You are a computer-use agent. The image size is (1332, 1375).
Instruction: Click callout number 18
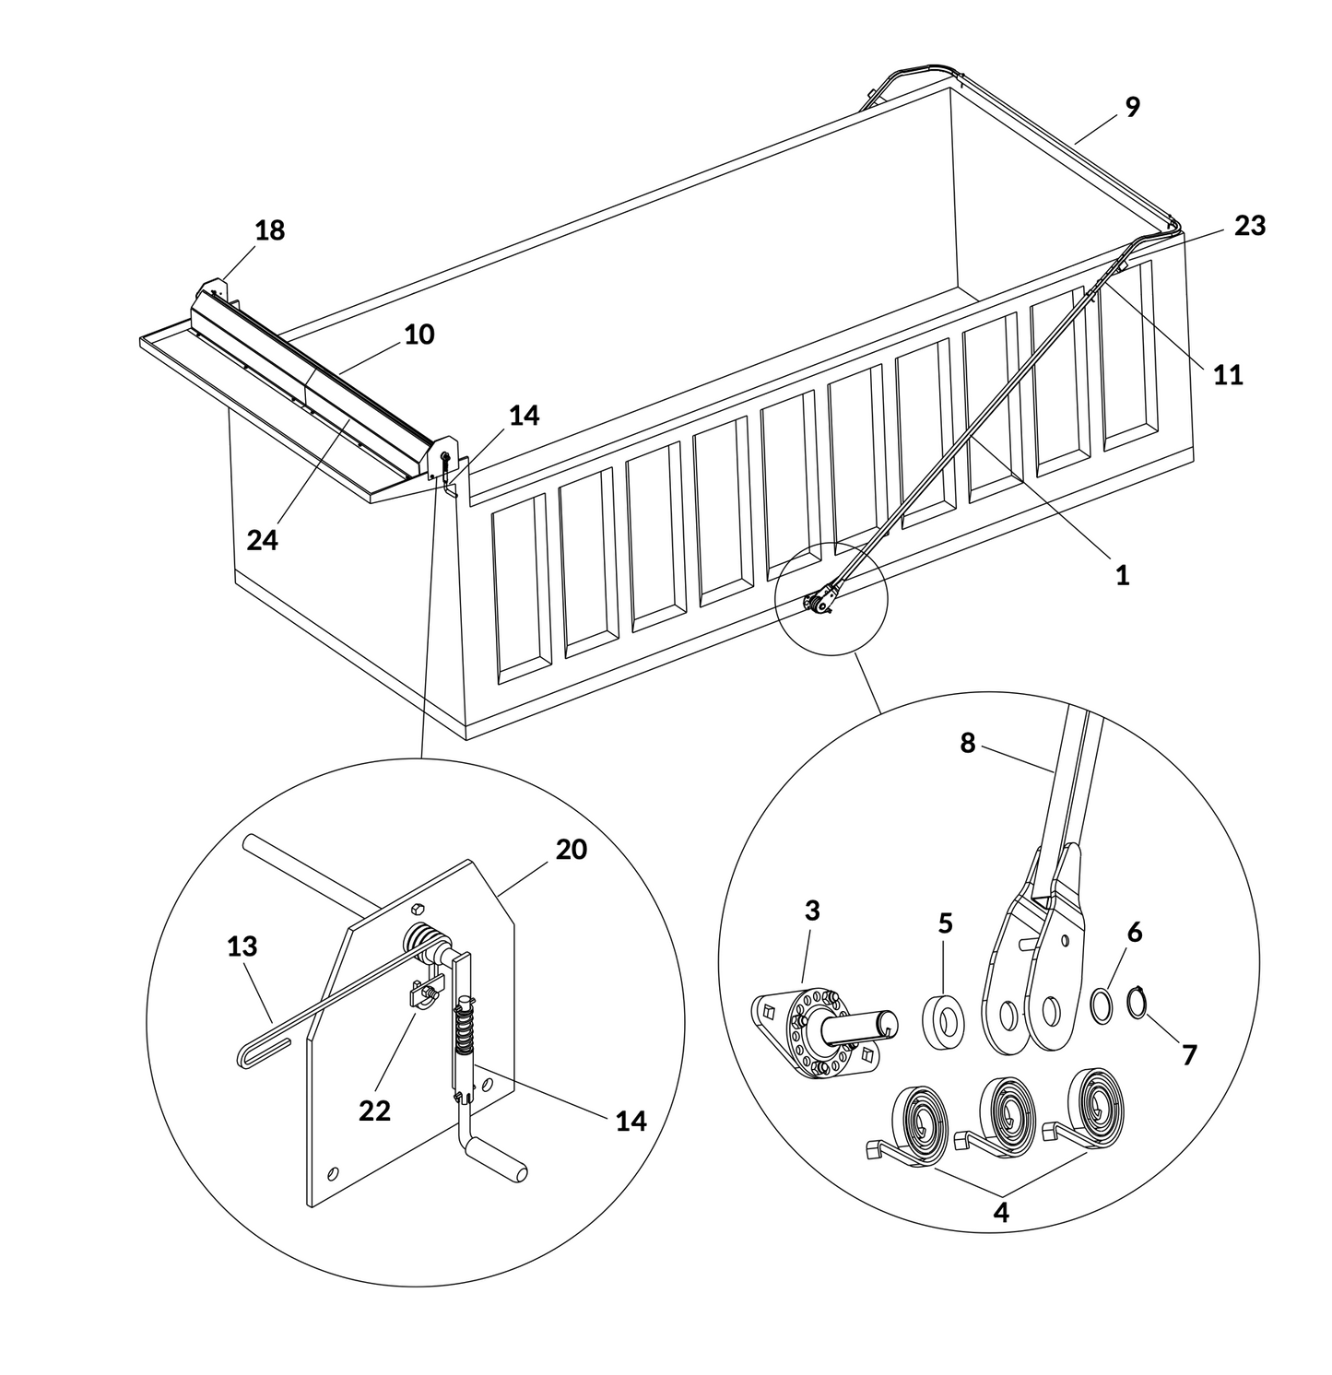tap(270, 230)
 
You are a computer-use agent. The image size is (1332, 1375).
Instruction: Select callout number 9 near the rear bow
tap(1132, 107)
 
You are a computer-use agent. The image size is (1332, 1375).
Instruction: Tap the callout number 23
tap(1249, 225)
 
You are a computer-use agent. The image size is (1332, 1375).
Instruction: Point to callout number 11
tap(1227, 375)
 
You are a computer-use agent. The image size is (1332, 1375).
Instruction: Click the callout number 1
tap(1122, 575)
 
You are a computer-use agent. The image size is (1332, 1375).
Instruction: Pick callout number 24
tap(262, 540)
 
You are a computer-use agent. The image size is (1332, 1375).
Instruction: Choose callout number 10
tap(418, 334)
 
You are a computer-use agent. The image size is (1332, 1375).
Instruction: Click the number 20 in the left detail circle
tap(571, 849)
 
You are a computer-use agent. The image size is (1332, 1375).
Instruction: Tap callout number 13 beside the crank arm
tap(242, 946)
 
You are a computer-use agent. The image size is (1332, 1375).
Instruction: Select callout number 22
tap(374, 1111)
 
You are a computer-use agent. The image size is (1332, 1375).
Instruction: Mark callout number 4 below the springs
tap(1001, 1212)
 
